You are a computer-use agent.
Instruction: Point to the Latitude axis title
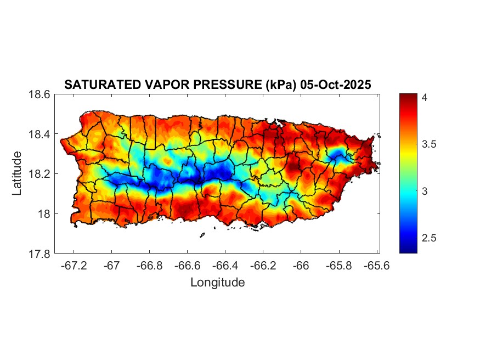18,173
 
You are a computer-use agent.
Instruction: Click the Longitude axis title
217,283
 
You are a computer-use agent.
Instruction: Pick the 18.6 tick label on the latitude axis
39,94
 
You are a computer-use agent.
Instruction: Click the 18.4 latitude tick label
39,134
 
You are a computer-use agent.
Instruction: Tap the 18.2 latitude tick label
39,174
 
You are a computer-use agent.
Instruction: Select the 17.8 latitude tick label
39,254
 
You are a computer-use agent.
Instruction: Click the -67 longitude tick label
112,265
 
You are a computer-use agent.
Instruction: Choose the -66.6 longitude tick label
188,265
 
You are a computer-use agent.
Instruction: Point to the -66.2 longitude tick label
263,265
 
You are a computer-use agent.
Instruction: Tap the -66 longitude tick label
301,265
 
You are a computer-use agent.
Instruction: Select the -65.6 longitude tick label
377,265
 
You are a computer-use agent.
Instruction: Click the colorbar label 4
425,97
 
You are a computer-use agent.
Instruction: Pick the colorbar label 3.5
429,144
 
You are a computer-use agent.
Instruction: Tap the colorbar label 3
425,191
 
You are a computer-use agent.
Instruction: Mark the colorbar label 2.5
429,238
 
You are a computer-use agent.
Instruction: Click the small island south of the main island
202,235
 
